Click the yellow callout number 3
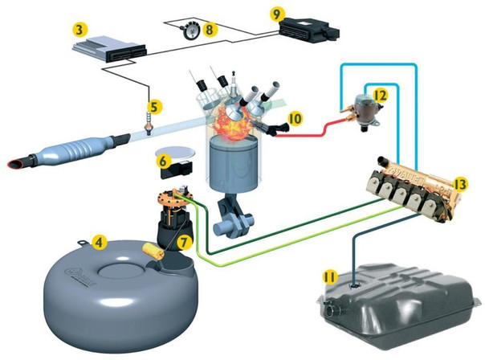pyautogui.click(x=79, y=30)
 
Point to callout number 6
pyautogui.click(x=165, y=161)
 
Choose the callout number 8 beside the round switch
pyautogui.click(x=210, y=30)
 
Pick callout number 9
pyautogui.click(x=277, y=14)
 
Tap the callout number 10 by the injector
pyautogui.click(x=295, y=118)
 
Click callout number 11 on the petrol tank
pyautogui.click(x=329, y=276)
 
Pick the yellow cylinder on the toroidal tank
pyautogui.click(x=153, y=253)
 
